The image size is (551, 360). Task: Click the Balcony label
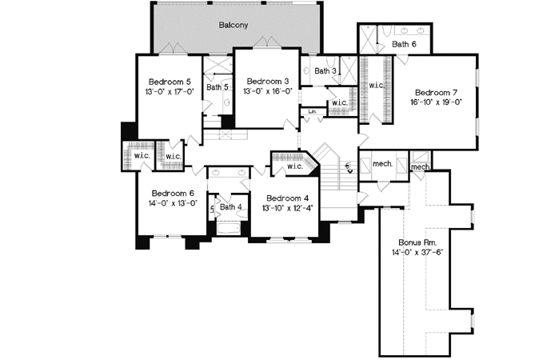234,25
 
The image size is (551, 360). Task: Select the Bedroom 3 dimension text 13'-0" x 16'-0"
268,92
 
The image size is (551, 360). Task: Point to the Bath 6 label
404,44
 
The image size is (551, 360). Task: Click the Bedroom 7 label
437,91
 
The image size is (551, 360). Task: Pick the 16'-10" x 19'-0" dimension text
437,102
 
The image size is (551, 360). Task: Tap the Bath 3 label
325,71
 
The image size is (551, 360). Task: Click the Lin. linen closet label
312,110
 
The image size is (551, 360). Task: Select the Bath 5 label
215,86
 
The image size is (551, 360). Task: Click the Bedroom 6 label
172,193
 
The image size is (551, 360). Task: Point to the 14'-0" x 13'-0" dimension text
172,203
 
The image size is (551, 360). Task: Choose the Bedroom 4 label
288,198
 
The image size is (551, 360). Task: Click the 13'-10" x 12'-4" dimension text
288,208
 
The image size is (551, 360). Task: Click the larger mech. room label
382,163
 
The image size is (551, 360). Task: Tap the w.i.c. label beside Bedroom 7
377,84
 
